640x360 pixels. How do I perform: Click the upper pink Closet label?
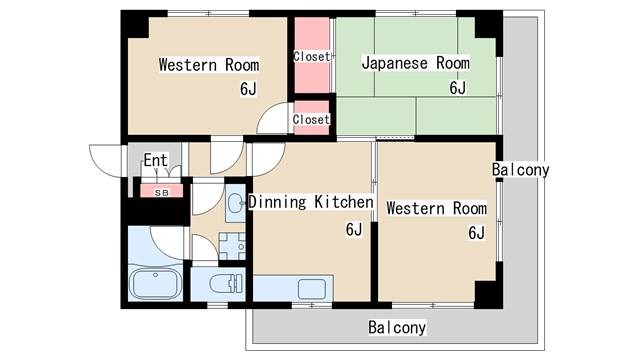pyautogui.click(x=311, y=57)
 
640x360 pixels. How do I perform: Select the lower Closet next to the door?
pyautogui.click(x=311, y=120)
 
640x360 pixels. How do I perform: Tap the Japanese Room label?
pyautogui.click(x=415, y=63)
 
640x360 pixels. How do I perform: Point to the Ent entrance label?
pyautogui.click(x=155, y=160)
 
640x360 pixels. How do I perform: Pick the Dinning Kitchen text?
pyautogui.click(x=310, y=203)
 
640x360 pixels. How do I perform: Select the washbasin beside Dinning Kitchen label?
pyautogui.click(x=236, y=204)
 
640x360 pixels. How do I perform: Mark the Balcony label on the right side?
pyautogui.click(x=520, y=170)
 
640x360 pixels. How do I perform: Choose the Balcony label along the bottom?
pyautogui.click(x=396, y=327)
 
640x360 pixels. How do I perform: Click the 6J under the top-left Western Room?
pyautogui.click(x=248, y=90)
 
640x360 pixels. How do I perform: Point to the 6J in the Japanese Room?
pyautogui.click(x=457, y=88)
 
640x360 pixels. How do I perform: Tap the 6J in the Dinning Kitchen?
pyautogui.click(x=353, y=230)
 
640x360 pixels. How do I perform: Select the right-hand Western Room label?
pyautogui.click(x=436, y=209)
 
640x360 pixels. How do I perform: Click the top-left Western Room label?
pyautogui.click(x=209, y=65)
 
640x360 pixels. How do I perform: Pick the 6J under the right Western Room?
pyautogui.click(x=475, y=234)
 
